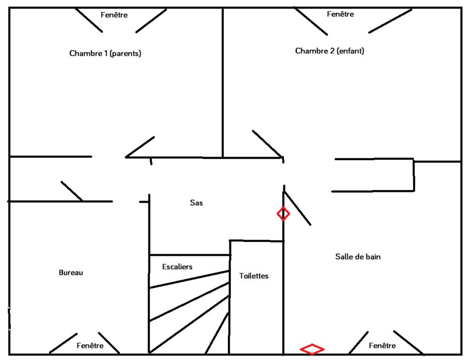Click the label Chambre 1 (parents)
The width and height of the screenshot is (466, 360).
tap(105, 53)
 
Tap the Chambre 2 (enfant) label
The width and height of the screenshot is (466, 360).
tap(330, 51)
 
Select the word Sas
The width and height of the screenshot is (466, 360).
tap(196, 203)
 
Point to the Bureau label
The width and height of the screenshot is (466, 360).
tap(71, 272)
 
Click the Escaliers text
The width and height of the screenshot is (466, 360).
tap(177, 267)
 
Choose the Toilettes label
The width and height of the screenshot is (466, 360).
tap(254, 275)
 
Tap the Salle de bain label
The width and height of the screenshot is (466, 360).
tap(359, 256)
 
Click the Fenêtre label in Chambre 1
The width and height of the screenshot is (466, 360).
tap(114, 15)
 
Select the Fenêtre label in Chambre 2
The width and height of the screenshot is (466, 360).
tap(340, 14)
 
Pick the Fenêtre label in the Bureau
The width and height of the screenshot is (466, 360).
tap(90, 345)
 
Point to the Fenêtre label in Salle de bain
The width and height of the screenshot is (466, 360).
tap(382, 345)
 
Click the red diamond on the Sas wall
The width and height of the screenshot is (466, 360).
tap(283, 213)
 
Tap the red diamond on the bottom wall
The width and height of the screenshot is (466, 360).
tap(312, 349)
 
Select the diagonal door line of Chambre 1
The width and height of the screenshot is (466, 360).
tap(140, 147)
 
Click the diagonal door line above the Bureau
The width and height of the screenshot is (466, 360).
tap(72, 191)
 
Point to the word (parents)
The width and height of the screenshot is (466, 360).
tap(126, 53)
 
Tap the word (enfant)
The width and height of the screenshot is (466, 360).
tap(350, 51)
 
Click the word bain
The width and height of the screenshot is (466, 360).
tap(374, 256)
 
